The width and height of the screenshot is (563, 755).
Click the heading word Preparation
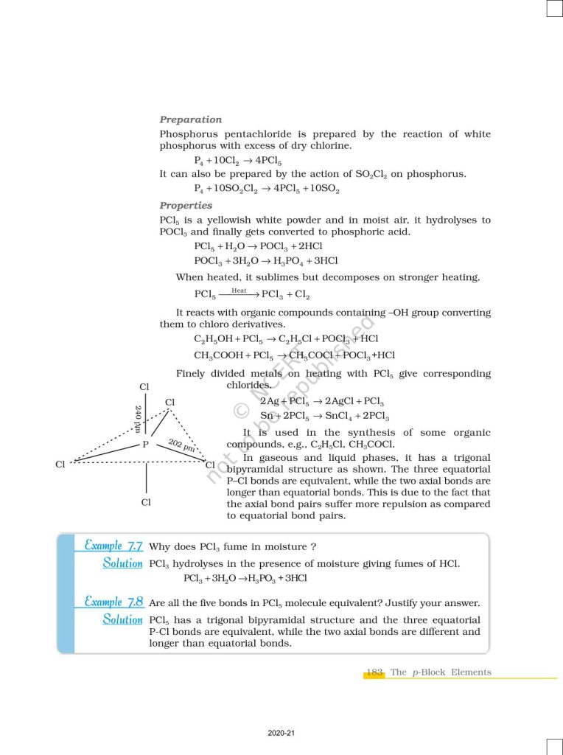[x=190, y=119]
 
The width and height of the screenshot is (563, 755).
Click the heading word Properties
[x=186, y=206]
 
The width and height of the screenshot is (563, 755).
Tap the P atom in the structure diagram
[x=145, y=445]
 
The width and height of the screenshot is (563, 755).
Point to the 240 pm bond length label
[x=138, y=418]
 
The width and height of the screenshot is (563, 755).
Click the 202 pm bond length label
[x=181, y=445]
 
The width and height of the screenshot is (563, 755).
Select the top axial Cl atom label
[x=144, y=386]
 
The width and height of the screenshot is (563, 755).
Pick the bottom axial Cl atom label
[x=146, y=502]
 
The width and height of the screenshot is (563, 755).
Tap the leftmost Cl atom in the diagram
[x=60, y=465]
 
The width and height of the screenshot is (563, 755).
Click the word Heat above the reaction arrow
[x=239, y=290]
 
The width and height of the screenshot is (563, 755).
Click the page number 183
[x=374, y=672]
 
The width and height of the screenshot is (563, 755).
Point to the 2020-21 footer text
[x=281, y=733]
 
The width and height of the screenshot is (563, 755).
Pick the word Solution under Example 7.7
[x=122, y=563]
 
